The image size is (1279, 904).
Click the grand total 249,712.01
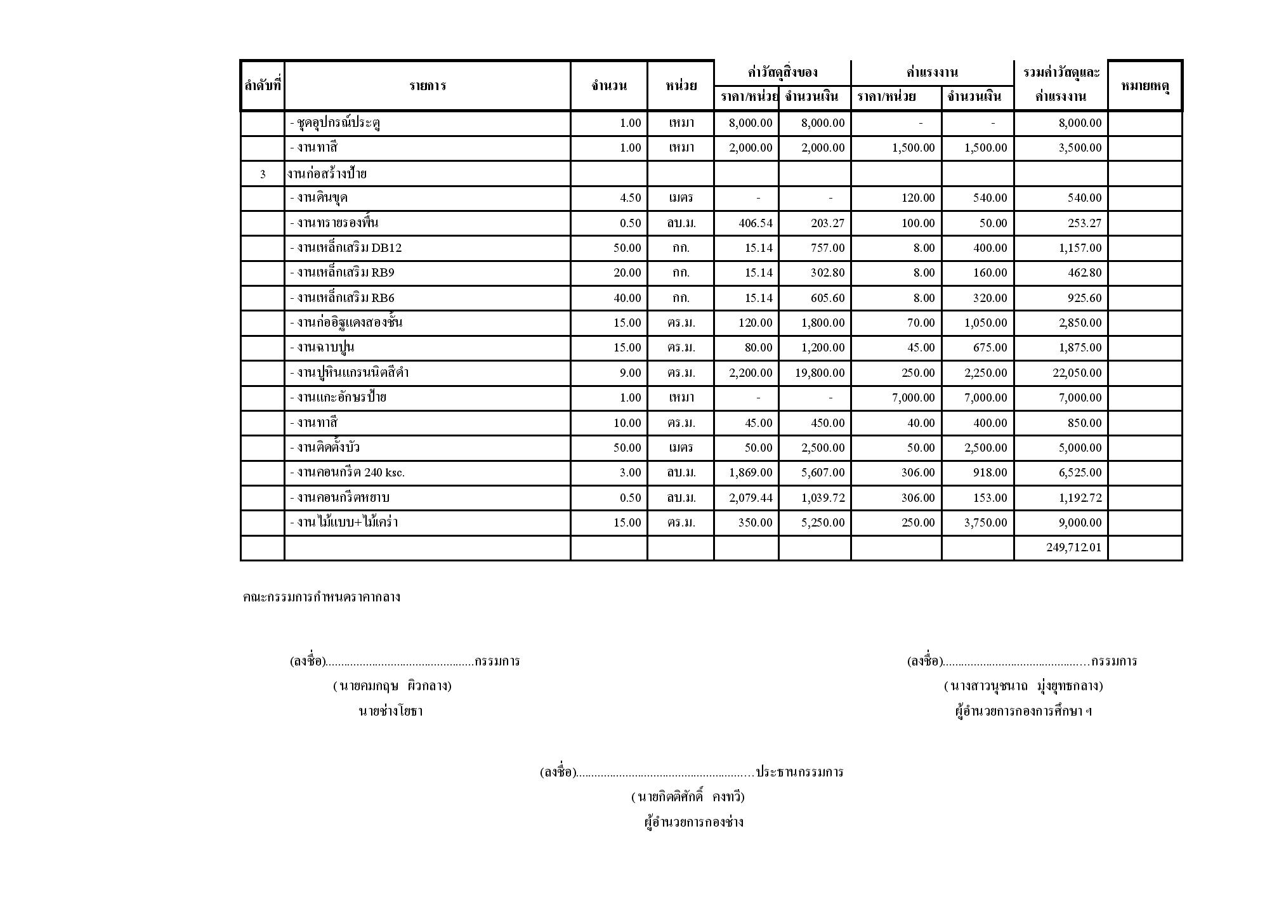1073,547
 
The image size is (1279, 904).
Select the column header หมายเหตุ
1145,86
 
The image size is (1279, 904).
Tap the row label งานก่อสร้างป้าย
327,173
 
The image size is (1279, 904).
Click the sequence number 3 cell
263,174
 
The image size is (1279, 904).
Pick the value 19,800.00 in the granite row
820,373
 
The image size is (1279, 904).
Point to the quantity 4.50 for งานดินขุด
630,198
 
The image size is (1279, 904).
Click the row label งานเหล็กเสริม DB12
346,248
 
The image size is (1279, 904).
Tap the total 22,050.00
1077,373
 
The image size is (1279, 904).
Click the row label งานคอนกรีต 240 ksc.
347,473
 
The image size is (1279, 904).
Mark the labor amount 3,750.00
985,523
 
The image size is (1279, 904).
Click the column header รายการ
427,86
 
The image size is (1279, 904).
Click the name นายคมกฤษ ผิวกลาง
392,686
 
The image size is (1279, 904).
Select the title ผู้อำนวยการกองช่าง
693,823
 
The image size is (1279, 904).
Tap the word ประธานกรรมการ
799,772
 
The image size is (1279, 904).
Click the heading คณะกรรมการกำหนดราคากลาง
321,597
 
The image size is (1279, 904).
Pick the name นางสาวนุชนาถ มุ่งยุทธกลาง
1023,686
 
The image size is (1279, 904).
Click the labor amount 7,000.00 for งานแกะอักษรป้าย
985,398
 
